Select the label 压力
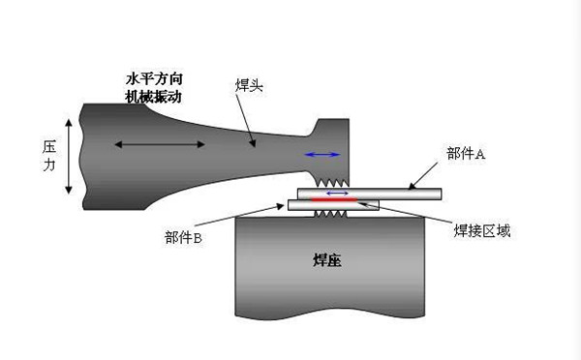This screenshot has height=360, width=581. pyautogui.click(x=49, y=158)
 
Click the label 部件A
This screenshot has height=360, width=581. pyautogui.click(x=466, y=153)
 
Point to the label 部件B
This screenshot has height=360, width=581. pyautogui.click(x=183, y=237)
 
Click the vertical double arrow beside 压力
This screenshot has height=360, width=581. pyautogui.click(x=68, y=157)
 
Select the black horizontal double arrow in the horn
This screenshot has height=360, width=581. pyautogui.click(x=160, y=145)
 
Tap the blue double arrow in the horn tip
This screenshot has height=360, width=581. pyautogui.click(x=322, y=154)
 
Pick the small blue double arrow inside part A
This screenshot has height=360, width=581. pyautogui.click(x=338, y=194)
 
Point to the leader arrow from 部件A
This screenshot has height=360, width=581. pyautogui.click(x=425, y=175)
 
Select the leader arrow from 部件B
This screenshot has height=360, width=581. pyautogui.click(x=251, y=219)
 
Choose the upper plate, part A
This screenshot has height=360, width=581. pyautogui.click(x=407, y=194)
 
